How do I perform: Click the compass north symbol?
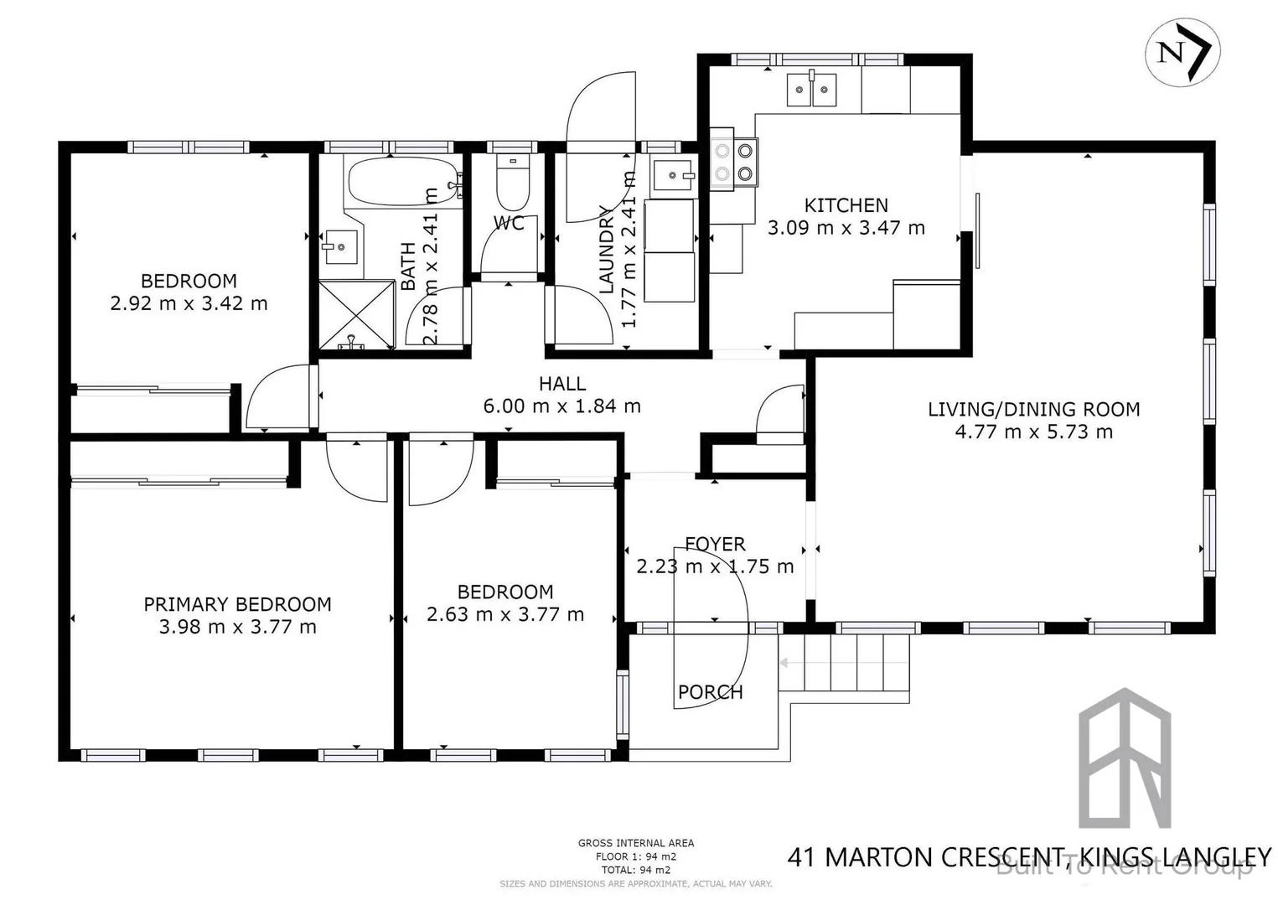point(1182,51)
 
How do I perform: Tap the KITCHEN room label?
point(846,205)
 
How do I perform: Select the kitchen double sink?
point(811,90)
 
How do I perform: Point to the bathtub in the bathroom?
point(402,181)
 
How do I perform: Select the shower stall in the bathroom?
point(356,314)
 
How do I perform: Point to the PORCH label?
point(710,692)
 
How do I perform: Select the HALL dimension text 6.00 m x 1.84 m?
point(561,406)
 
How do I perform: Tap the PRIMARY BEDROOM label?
point(237,604)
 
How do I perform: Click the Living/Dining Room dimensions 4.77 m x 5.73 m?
point(1033,432)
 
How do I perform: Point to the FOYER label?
point(715,544)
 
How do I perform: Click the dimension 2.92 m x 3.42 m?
point(189,303)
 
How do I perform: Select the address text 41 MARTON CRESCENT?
point(925,857)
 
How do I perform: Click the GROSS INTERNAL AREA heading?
point(635,843)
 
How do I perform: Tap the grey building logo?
point(1124,758)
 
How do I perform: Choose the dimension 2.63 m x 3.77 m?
point(505,614)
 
